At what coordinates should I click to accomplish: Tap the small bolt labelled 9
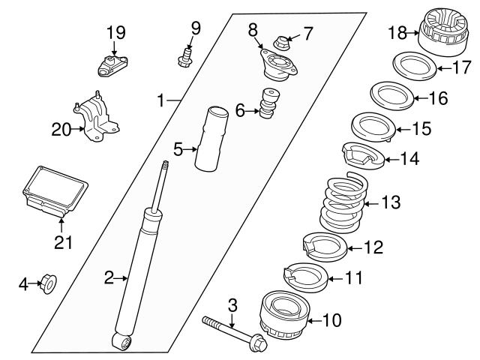point(184,55)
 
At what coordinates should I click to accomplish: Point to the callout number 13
point(391,202)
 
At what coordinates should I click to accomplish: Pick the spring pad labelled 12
point(324,245)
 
